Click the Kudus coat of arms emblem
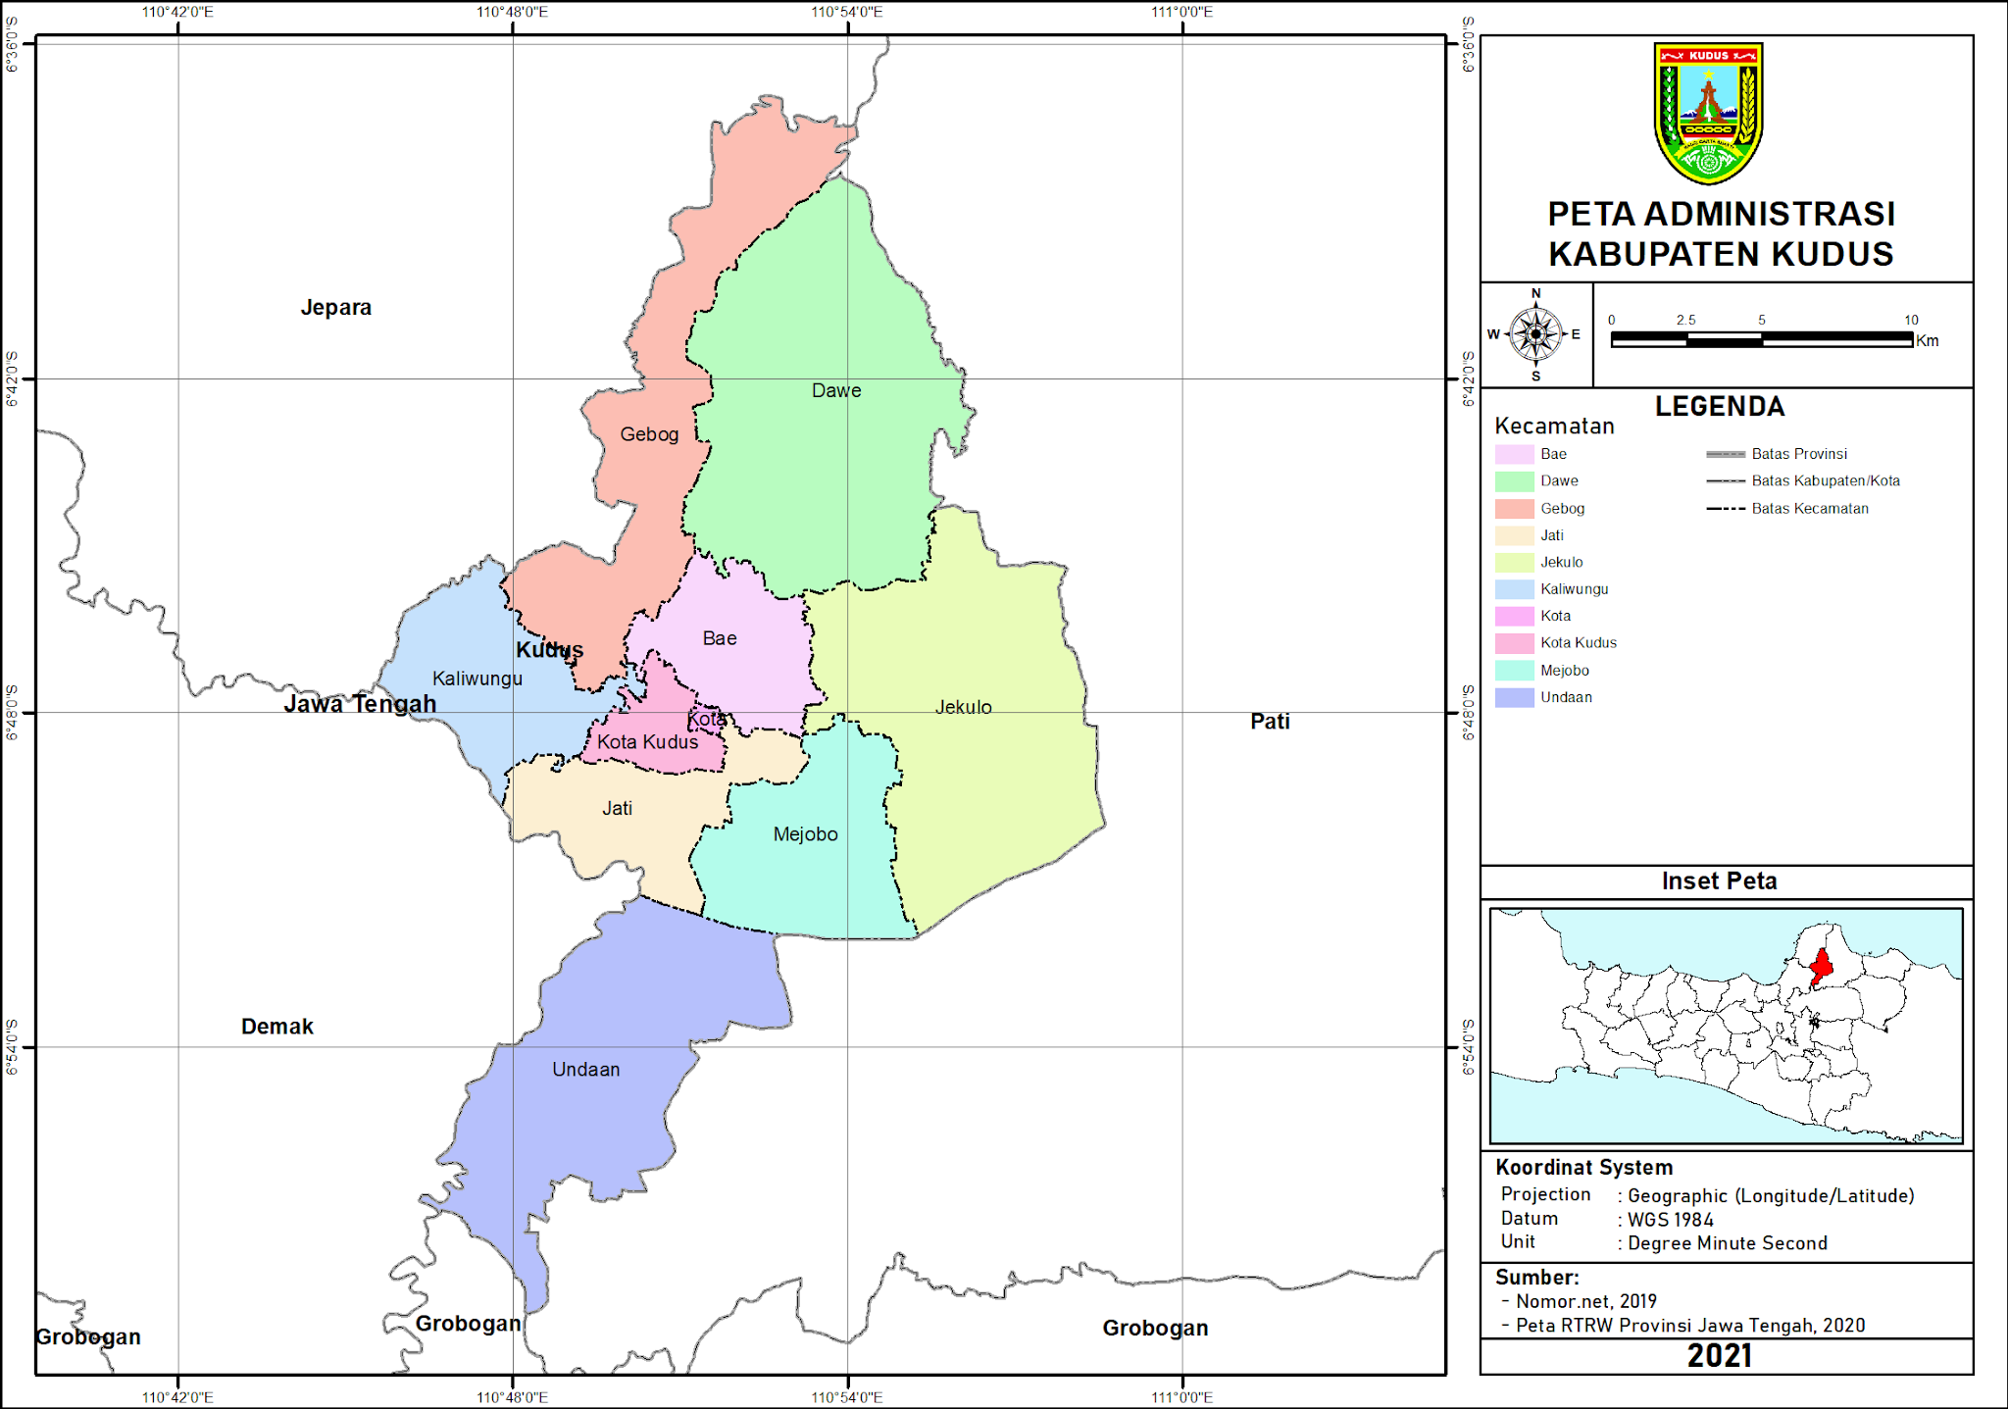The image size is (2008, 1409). [1708, 112]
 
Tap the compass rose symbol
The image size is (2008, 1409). [1535, 334]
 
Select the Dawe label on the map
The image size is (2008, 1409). [836, 390]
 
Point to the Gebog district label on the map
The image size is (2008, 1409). [649, 434]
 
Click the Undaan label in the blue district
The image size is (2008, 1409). [585, 1070]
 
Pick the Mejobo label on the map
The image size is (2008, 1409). [805, 834]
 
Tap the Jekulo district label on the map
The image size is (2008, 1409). [963, 707]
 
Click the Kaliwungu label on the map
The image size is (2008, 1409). [477, 679]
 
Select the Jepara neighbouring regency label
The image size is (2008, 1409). [335, 308]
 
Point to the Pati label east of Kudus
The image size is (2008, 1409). [1270, 722]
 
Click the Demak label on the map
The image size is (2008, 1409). [277, 1027]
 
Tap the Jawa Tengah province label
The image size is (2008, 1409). [360, 704]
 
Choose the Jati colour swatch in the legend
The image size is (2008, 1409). [1514, 535]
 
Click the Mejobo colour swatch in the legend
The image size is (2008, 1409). [1514, 671]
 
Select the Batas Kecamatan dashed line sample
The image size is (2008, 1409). [1726, 509]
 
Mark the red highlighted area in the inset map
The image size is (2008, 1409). [1821, 967]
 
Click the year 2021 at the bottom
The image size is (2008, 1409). [1719, 1356]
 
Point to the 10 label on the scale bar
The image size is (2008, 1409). [1911, 320]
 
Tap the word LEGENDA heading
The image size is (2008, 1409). [1720, 407]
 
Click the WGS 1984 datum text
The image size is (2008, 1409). [1671, 1220]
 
